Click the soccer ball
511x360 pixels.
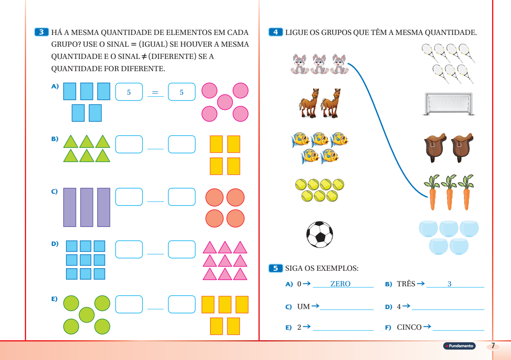click(x=319, y=235)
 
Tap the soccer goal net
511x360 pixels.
click(x=449, y=104)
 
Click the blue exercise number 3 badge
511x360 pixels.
click(x=41, y=32)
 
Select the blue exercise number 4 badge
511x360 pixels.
click(x=275, y=32)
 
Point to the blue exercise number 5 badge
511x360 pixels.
click(x=275, y=268)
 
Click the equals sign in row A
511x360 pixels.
click(x=155, y=93)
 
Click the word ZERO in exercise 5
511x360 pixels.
click(x=340, y=284)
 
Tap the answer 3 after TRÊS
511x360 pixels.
click(x=449, y=284)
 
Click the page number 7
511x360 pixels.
click(x=493, y=346)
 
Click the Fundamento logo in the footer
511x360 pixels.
click(x=459, y=346)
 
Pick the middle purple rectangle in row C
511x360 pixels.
click(x=87, y=207)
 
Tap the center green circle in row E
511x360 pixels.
click(x=87, y=314)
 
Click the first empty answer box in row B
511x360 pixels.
click(x=129, y=144)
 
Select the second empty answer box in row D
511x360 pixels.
click(x=181, y=249)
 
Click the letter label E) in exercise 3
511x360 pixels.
click(x=54, y=299)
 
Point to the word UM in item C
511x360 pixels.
click(x=303, y=307)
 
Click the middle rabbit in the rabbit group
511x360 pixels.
click(x=319, y=64)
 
